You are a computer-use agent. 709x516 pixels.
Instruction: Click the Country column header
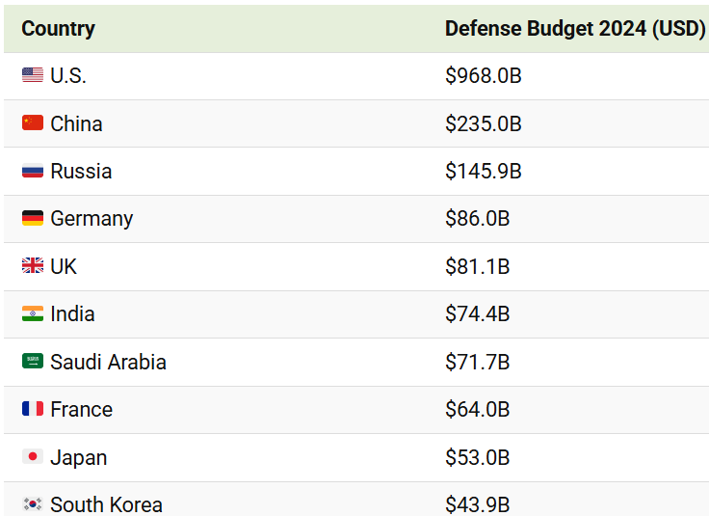tap(58, 29)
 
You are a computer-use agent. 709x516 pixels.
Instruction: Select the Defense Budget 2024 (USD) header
tap(575, 29)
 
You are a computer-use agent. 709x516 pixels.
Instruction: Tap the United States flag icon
tap(33, 75)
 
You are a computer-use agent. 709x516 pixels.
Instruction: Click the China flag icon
tap(33, 123)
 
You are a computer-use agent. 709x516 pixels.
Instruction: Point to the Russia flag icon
tap(33, 171)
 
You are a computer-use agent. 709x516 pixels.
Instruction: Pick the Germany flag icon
tap(33, 219)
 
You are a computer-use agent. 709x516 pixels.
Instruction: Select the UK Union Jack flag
tap(33, 266)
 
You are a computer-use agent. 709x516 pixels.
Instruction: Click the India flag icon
tap(33, 314)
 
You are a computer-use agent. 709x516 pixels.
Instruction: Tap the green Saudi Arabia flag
tap(33, 362)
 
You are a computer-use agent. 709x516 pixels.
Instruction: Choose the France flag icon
tap(33, 409)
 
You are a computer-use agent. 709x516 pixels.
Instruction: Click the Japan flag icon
tap(33, 457)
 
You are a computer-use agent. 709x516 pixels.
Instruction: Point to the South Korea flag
tap(33, 503)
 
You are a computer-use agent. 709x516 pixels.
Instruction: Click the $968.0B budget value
tap(483, 75)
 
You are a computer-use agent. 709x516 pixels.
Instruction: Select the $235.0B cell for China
tap(483, 123)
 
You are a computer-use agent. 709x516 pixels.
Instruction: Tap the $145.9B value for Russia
tap(483, 171)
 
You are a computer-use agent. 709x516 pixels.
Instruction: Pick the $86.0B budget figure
tap(477, 219)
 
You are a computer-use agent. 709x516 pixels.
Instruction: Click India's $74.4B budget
tap(477, 314)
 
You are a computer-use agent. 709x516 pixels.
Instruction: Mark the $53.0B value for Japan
tap(477, 457)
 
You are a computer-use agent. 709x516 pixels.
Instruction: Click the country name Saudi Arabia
tap(108, 363)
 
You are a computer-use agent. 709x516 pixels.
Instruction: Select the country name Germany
tap(92, 219)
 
